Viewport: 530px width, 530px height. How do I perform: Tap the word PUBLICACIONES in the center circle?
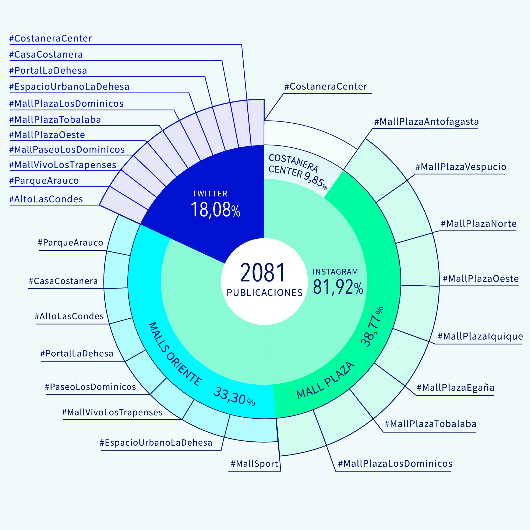[x=264, y=293]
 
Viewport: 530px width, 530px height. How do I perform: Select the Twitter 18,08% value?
[x=215, y=210]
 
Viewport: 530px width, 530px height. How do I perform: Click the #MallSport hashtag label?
[x=254, y=464]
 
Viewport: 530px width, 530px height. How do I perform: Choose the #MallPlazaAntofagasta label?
[x=426, y=121]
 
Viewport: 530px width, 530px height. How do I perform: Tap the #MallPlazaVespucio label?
[x=461, y=167]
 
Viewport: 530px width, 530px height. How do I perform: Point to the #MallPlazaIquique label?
[x=480, y=336]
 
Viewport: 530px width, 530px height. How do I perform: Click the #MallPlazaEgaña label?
[x=455, y=388]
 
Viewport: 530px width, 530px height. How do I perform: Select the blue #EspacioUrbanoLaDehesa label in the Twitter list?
[x=69, y=87]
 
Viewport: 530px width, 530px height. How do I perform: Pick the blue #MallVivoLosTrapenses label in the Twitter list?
[x=63, y=165]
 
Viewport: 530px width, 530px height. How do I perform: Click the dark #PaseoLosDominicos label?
[x=90, y=387]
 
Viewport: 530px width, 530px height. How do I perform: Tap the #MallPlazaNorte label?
[x=478, y=224]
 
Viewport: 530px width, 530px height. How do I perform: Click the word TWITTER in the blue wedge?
[x=210, y=194]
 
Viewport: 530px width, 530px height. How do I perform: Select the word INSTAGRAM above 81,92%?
[x=335, y=272]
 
